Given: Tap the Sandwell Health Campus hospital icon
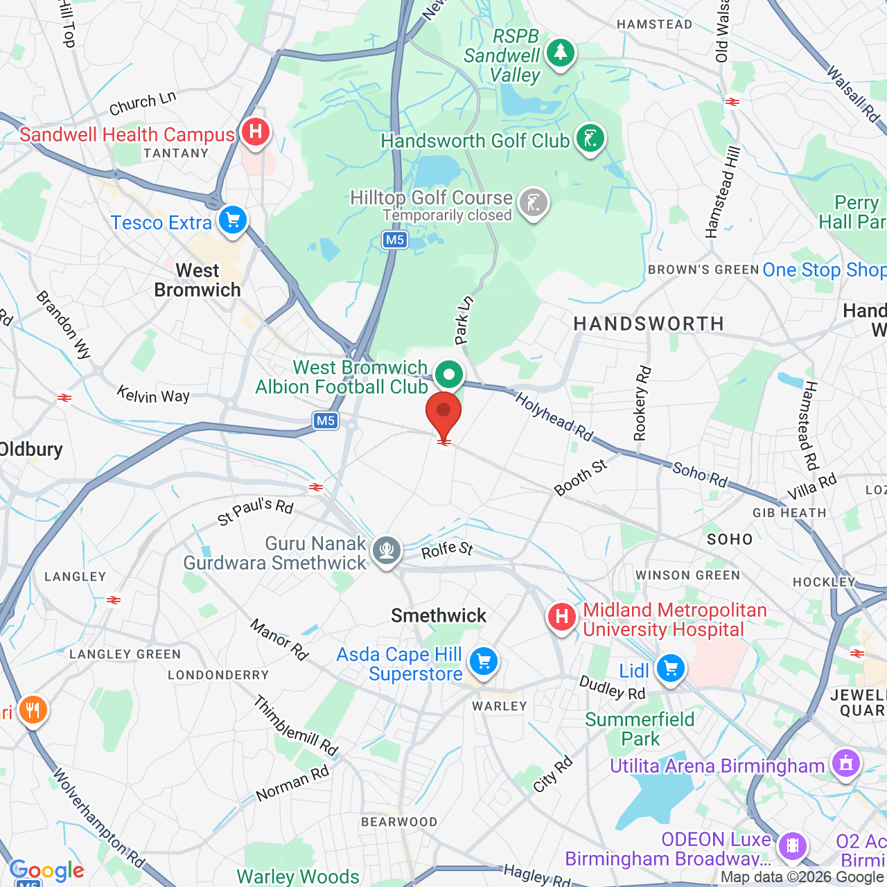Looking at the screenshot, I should (256, 132).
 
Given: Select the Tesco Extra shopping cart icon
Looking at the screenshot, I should (233, 221).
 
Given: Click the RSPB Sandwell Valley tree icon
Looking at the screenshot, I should (560, 53).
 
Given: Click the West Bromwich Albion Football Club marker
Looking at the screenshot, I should (449, 376).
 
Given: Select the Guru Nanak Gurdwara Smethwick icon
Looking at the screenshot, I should (386, 551).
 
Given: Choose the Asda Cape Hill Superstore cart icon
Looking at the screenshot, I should (484, 661).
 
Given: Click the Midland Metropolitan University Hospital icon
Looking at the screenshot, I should (561, 616).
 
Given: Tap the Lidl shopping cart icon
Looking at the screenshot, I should (670, 669).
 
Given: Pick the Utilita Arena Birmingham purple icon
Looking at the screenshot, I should (845, 764).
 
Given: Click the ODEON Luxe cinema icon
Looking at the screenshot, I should (793, 845).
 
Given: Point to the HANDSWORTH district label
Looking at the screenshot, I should (649, 324).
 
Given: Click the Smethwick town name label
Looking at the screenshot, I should (439, 615).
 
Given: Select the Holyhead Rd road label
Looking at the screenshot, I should (554, 416).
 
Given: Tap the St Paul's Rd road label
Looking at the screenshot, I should (256, 511).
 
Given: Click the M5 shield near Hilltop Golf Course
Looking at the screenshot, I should (394, 240).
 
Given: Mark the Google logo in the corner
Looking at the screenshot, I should (46, 870).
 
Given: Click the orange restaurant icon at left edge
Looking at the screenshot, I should (33, 710).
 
